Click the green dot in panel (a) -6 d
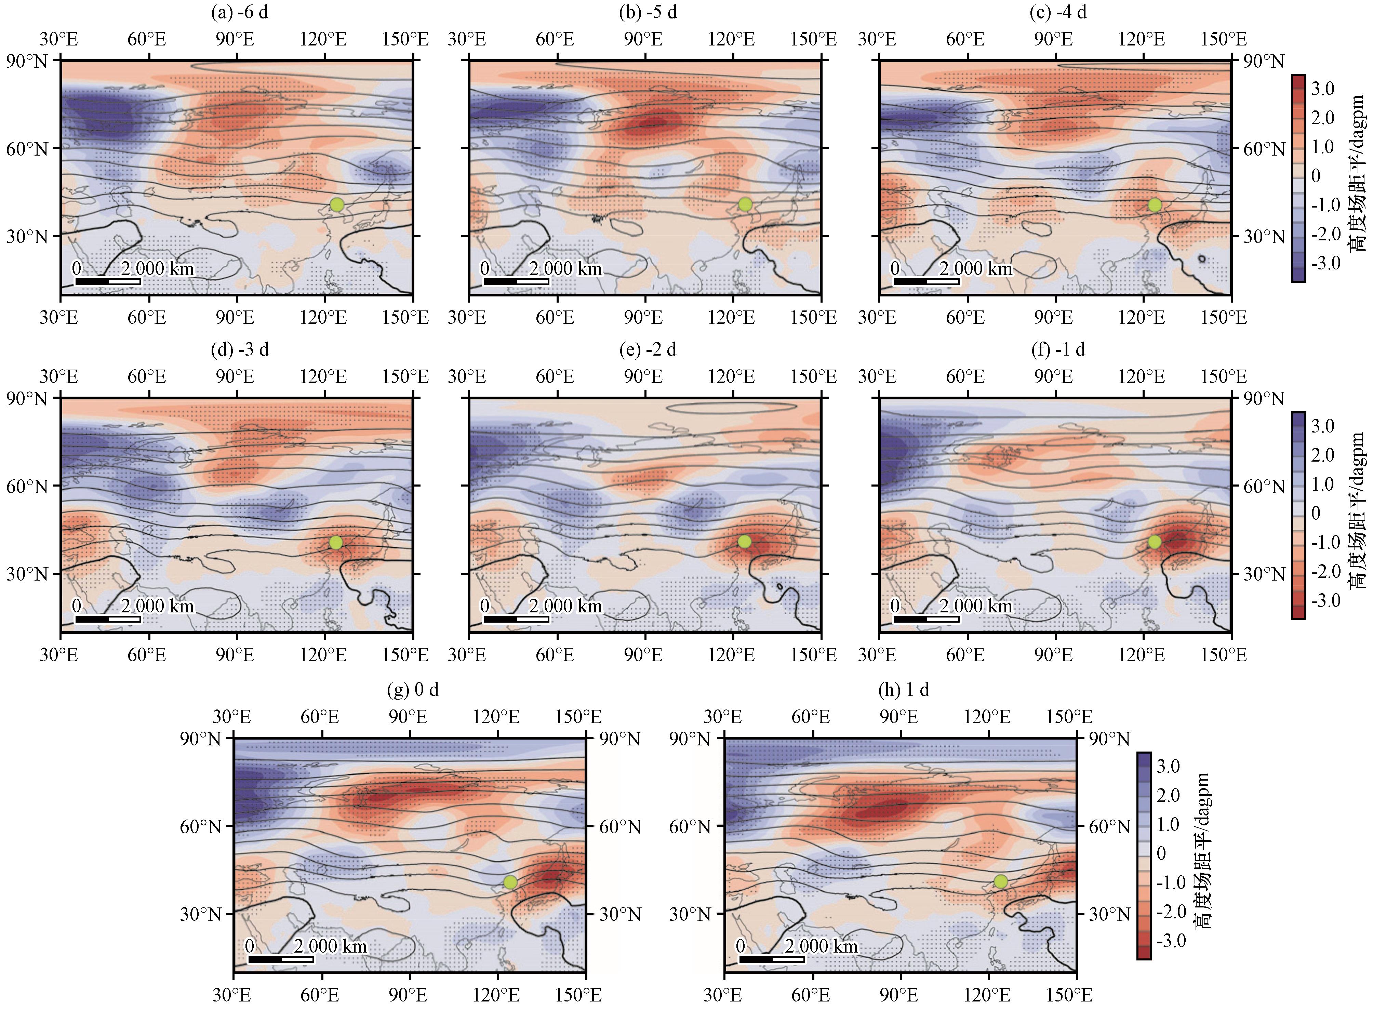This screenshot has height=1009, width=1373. coord(336,204)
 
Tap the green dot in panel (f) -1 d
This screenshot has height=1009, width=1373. coord(1154,542)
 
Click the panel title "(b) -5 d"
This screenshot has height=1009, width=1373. coord(648,12)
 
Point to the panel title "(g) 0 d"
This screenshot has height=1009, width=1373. coord(413,690)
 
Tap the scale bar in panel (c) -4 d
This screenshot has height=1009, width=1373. coord(926,281)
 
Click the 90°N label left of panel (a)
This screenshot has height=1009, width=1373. coord(27,61)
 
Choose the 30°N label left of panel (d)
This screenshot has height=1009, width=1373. coord(27,574)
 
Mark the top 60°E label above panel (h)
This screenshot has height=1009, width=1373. coord(811,716)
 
